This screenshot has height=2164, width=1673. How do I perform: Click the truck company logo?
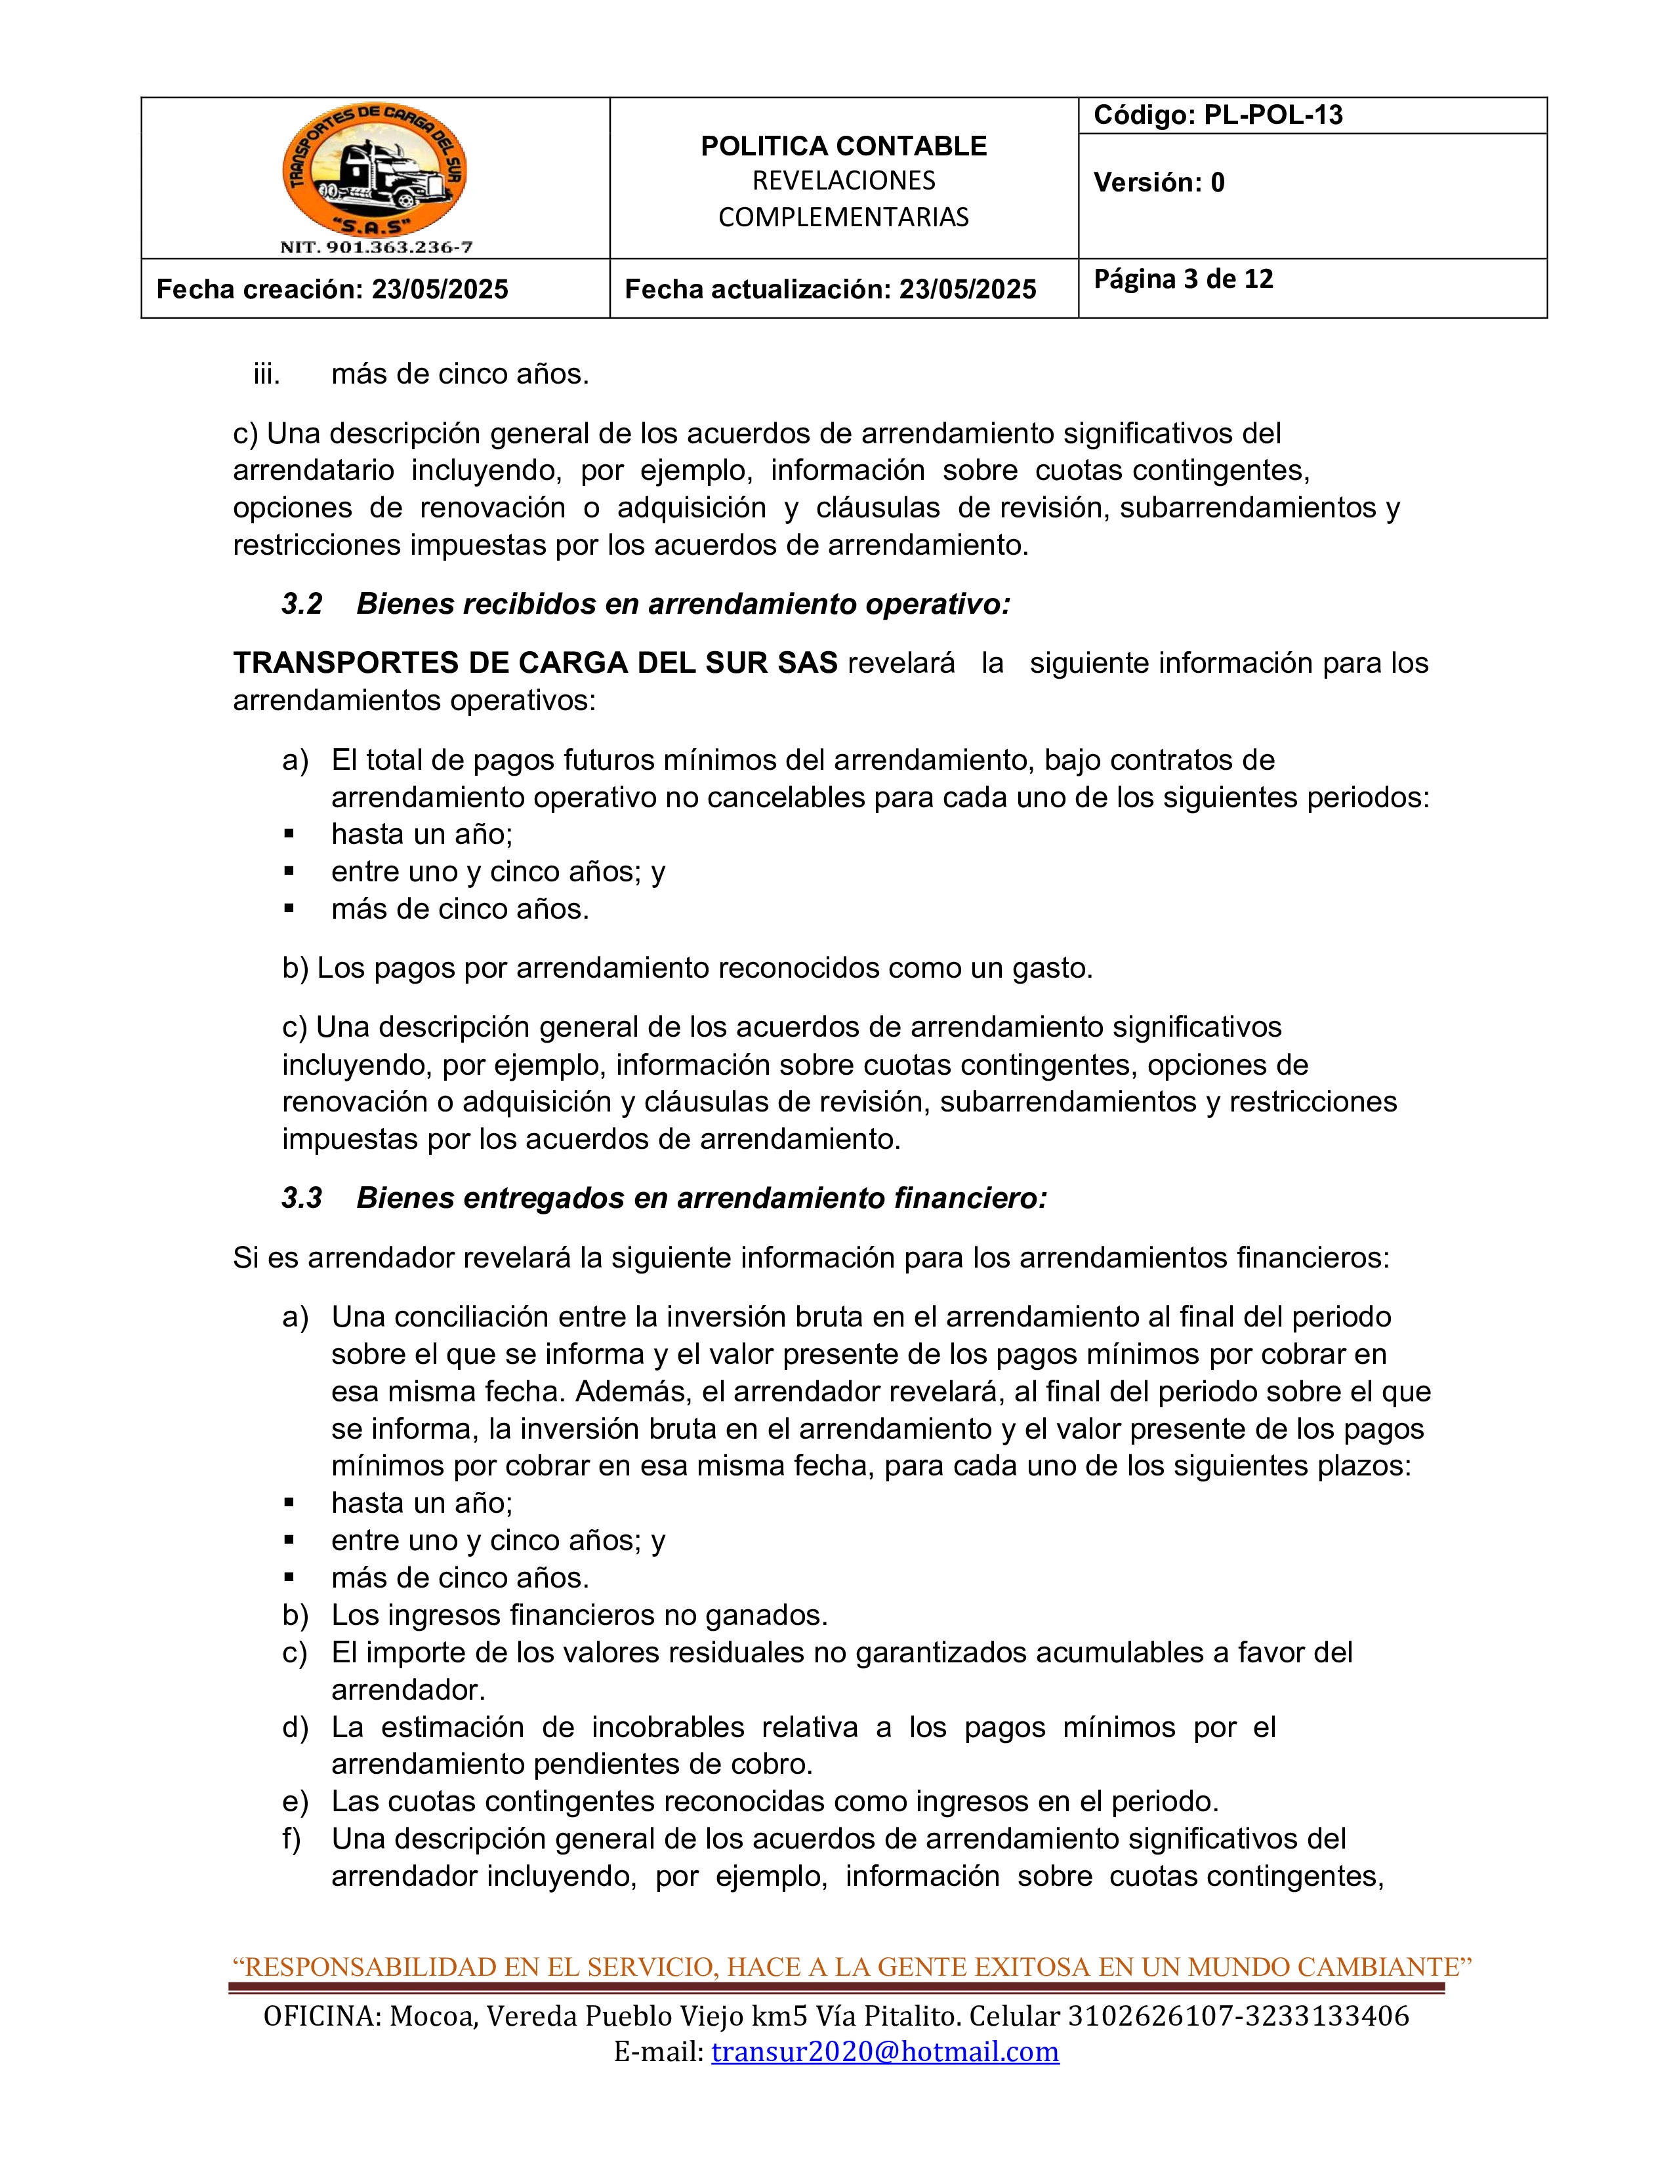click(375, 170)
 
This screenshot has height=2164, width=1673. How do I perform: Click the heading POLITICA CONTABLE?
click(844, 147)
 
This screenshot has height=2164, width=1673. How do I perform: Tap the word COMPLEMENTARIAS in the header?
click(844, 218)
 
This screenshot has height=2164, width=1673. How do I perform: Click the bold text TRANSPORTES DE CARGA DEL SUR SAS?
click(535, 663)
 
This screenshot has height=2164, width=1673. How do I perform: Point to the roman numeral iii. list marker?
click(266, 374)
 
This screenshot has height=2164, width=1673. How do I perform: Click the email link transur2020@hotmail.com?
click(884, 2051)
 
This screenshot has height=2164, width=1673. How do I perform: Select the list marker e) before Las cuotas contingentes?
click(295, 1801)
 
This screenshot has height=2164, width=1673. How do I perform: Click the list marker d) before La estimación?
click(295, 1727)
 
